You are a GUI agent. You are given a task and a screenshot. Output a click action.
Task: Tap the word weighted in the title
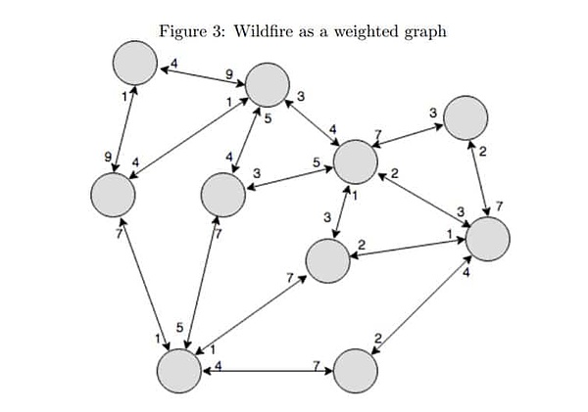[x=366, y=32]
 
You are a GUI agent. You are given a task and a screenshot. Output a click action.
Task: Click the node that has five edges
[x=355, y=161]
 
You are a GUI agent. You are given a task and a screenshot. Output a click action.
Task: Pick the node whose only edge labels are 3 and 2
[x=465, y=118]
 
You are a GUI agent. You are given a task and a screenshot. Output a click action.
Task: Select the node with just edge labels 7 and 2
[x=355, y=371]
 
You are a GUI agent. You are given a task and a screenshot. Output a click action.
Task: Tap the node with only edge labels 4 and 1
[x=135, y=63]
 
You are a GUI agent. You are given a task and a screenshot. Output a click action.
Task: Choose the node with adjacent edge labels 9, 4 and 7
[x=113, y=195]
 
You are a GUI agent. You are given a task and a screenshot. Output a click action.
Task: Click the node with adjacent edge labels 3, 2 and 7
[x=328, y=260]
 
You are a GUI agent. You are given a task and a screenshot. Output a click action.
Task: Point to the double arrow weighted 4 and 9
[x=203, y=76]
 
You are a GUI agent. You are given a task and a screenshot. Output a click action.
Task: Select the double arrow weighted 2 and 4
[x=421, y=304]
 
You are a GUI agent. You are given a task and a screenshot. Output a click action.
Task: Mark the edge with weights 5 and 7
[x=201, y=283]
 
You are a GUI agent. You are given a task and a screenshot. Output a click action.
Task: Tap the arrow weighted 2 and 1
[x=409, y=249]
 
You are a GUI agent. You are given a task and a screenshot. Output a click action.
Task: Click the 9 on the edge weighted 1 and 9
[x=109, y=157]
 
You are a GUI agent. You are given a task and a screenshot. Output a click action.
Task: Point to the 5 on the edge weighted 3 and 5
[x=317, y=162]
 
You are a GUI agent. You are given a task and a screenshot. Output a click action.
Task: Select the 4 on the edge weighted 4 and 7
[x=218, y=365]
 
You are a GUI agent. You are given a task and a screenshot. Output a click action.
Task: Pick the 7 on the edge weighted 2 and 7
[x=499, y=206]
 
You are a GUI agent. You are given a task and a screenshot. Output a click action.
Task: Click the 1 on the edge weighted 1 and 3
[x=355, y=196]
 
